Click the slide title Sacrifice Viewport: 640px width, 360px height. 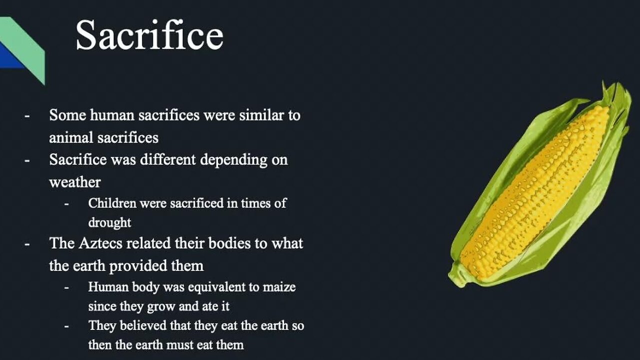[149, 35]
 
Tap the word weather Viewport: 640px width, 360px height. [75, 182]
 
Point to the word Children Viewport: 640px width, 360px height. [112, 203]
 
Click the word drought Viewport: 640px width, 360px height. [109, 222]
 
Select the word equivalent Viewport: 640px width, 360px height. [216, 287]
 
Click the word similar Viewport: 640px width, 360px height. [259, 115]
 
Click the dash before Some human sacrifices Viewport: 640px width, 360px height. [27, 116]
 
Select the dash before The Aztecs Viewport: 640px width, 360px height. [27, 244]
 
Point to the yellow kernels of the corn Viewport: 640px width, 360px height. [534, 194]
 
